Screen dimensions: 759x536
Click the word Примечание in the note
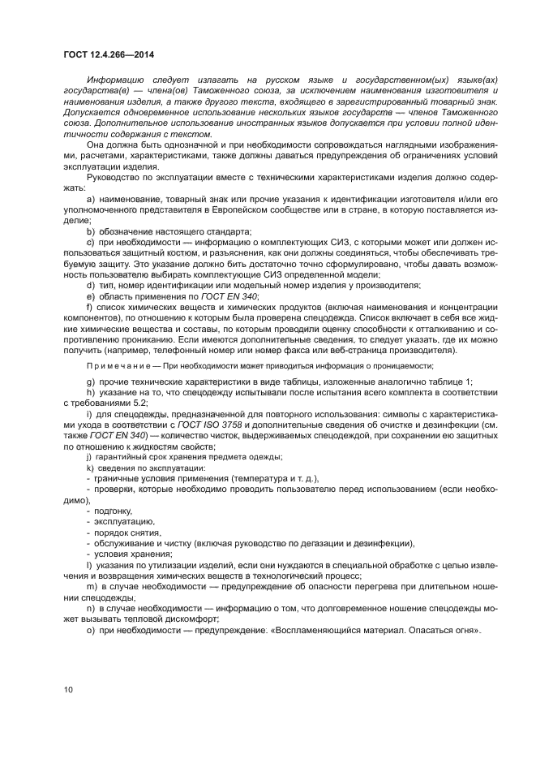(117, 366)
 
